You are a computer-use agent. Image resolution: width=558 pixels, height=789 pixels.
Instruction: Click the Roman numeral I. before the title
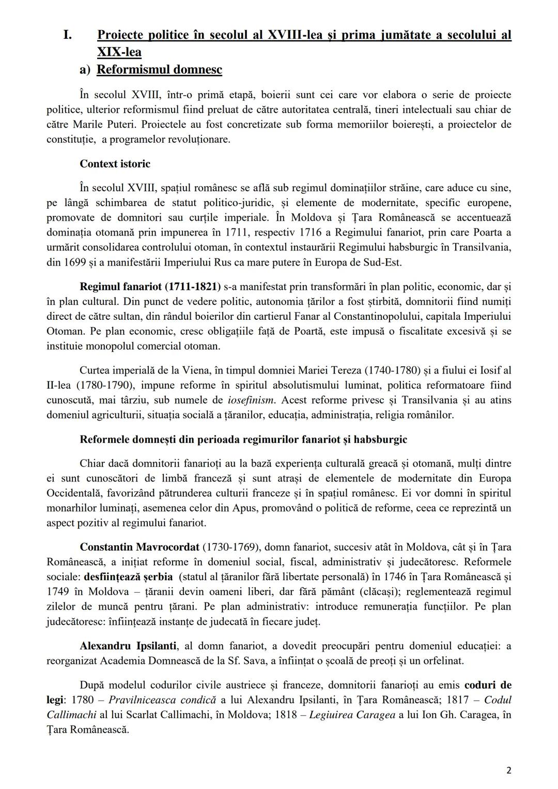67,35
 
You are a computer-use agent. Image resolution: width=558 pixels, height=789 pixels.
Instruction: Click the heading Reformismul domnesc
159,70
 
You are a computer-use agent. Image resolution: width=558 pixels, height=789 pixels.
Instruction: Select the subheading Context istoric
115,164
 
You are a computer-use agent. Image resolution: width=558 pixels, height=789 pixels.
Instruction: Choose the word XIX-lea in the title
119,52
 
